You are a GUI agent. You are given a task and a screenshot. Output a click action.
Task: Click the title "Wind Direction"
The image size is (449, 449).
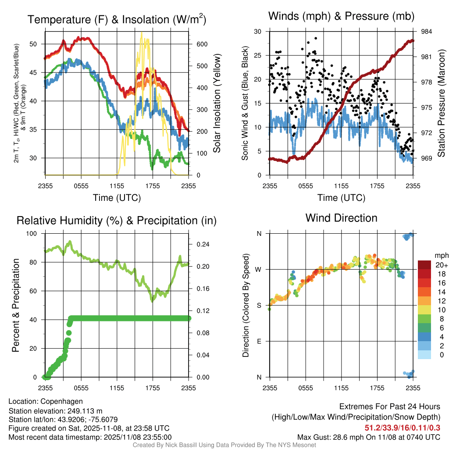341,218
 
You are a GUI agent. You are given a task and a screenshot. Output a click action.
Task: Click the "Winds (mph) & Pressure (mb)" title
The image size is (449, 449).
341,17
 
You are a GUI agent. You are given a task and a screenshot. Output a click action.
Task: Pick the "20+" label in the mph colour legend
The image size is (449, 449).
441,265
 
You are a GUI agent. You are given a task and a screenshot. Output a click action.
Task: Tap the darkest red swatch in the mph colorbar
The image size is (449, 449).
424,265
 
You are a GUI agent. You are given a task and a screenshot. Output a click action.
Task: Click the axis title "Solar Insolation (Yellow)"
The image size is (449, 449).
217,103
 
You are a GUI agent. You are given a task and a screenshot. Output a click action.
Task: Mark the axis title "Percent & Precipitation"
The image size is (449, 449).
16,305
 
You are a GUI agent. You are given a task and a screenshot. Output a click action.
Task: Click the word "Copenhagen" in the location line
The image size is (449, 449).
61,401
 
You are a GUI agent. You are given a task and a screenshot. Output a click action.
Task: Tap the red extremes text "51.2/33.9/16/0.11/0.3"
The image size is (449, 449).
403,428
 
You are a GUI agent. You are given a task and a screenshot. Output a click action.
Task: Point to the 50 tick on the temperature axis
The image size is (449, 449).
38,44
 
